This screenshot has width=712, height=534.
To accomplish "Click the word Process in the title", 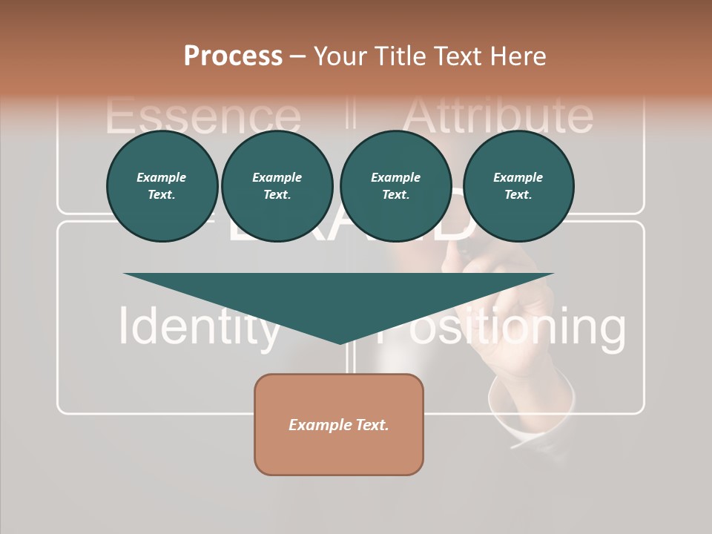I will [233, 56].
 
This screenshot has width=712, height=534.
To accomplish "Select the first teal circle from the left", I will [162, 186].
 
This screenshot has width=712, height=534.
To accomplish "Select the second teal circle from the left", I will [277, 186].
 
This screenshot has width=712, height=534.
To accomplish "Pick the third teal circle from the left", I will [395, 186].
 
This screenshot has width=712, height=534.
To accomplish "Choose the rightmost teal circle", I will [518, 186].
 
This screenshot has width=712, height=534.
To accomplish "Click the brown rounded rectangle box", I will [339, 424].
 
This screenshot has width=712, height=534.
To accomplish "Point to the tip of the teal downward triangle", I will [340, 343].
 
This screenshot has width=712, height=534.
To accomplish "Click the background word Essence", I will [203, 117].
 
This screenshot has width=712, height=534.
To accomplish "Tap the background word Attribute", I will [498, 116].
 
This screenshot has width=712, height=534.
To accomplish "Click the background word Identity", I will [199, 326].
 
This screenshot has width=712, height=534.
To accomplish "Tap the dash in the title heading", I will [298, 56].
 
